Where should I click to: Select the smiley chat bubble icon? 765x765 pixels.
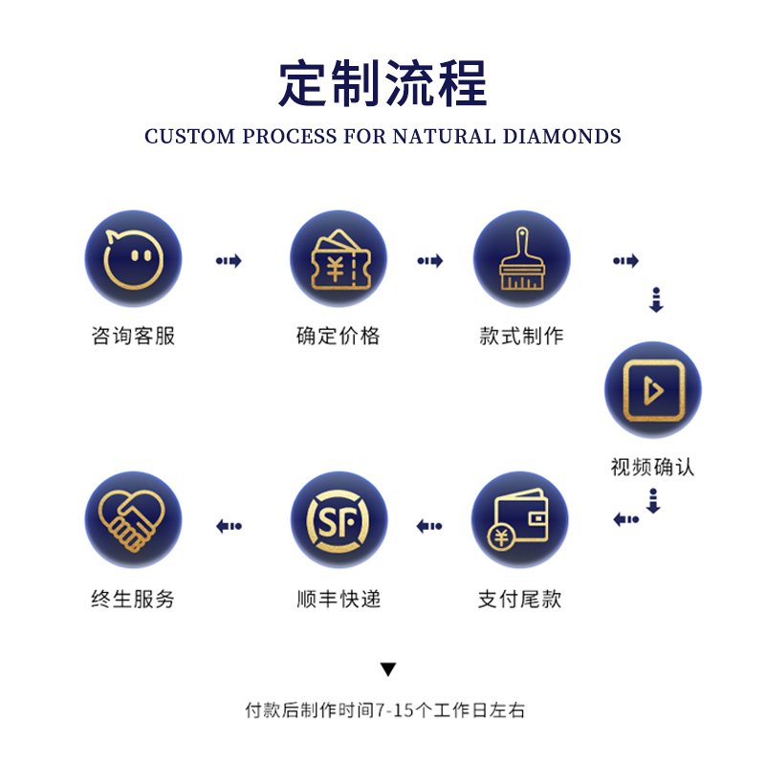(x=133, y=259)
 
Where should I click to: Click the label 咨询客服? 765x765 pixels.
(x=133, y=336)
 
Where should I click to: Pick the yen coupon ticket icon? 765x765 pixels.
(x=338, y=259)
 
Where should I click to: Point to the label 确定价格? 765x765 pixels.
(x=338, y=336)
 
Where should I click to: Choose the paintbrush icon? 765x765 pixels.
(x=521, y=259)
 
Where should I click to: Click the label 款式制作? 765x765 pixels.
(x=521, y=336)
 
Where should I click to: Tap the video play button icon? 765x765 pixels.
(x=652, y=390)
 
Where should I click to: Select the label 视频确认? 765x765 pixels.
(x=652, y=467)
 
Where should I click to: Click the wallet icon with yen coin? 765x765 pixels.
(x=521, y=522)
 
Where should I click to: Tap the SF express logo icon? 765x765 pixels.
(x=338, y=522)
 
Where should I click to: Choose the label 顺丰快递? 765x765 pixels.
(x=338, y=600)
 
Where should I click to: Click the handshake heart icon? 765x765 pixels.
(x=133, y=522)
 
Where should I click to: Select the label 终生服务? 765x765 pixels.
(x=133, y=600)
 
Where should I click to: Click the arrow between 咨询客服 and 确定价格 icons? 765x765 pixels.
(x=229, y=260)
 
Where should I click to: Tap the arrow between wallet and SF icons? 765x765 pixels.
(x=429, y=525)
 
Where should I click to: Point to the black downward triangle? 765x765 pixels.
(x=387, y=669)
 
